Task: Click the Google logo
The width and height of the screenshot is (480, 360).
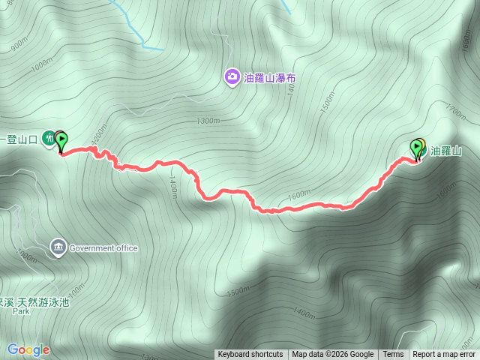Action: point(28,349)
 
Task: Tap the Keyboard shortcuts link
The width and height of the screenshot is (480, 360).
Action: point(250,355)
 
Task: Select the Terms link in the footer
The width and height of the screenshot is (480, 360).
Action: point(393,355)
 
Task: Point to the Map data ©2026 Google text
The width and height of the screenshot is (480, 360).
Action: point(333,355)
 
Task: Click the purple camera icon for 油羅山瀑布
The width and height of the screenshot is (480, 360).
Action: point(232,76)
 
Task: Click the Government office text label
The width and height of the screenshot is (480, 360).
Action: point(103,247)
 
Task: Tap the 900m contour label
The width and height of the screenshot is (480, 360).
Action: point(18,45)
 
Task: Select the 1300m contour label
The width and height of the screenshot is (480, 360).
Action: point(208,121)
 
